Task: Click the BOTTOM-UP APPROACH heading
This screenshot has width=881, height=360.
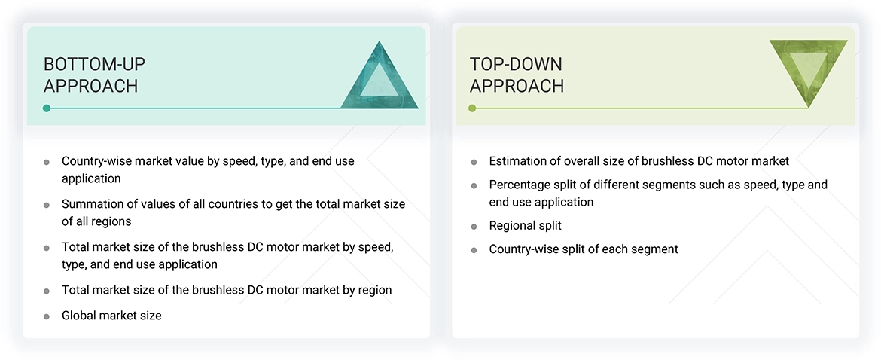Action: (x=90, y=75)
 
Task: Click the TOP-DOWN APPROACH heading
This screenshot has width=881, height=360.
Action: (x=517, y=75)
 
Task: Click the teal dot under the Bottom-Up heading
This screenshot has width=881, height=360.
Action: (x=47, y=108)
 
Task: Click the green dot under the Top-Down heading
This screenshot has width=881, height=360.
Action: (x=472, y=108)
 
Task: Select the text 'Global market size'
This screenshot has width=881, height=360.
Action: (x=111, y=316)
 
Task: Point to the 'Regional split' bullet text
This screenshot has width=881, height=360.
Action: (x=525, y=225)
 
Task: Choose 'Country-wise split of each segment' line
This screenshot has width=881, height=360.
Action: (x=584, y=249)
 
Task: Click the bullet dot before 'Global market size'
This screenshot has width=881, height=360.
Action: (x=47, y=316)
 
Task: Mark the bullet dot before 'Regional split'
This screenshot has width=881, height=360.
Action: (x=474, y=226)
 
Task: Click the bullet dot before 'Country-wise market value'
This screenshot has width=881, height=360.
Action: (x=47, y=161)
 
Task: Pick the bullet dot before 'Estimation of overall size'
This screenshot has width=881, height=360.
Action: (x=474, y=161)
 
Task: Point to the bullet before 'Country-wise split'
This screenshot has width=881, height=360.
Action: (x=474, y=249)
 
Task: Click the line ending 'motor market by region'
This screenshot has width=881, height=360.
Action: (x=227, y=290)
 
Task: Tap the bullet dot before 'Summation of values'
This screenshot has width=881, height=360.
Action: (x=47, y=205)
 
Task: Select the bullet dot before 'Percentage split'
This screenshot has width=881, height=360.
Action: (x=474, y=185)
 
